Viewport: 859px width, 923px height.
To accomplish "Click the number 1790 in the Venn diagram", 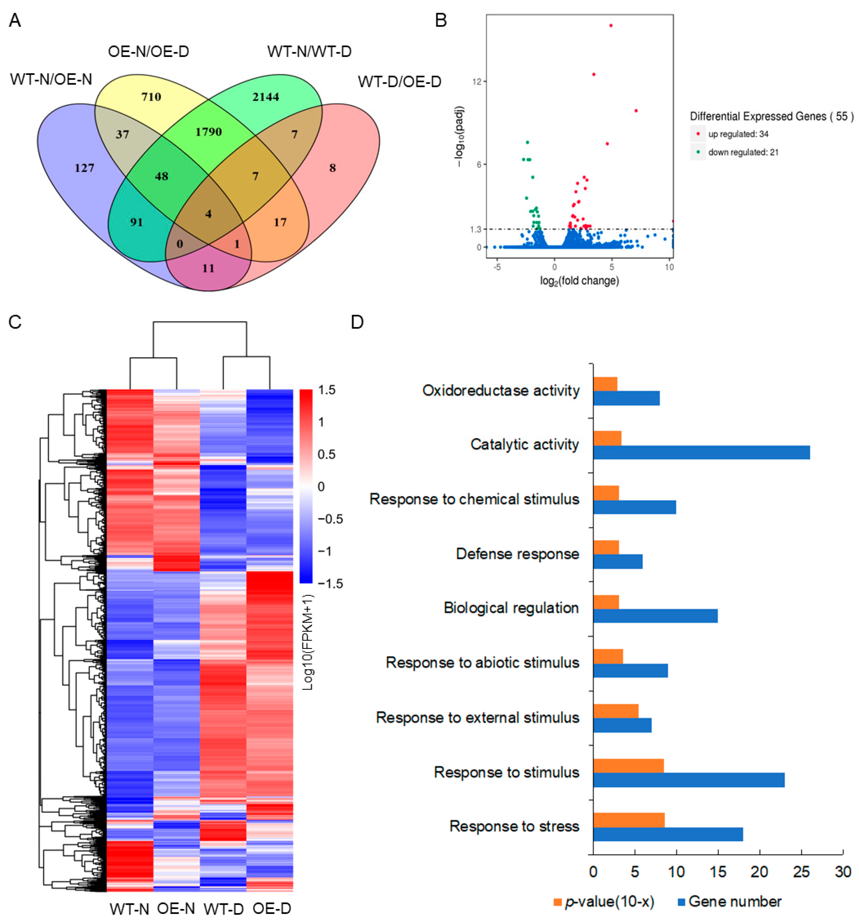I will click(209, 132).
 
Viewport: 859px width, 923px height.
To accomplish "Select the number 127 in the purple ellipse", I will click(85, 167).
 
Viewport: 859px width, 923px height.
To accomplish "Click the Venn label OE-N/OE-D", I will click(149, 51).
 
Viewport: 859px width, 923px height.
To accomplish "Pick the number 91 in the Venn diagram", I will click(136, 222).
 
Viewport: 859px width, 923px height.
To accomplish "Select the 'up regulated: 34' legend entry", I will click(738, 134).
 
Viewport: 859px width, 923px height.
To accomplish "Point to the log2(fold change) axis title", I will click(580, 281).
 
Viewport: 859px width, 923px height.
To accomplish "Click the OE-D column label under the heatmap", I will click(272, 909).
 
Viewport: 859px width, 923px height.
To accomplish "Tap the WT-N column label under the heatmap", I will click(129, 909).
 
